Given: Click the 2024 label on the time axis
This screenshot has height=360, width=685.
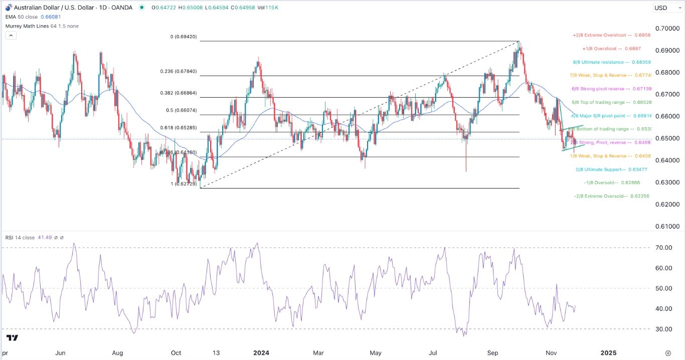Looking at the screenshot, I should pyautogui.click(x=261, y=352).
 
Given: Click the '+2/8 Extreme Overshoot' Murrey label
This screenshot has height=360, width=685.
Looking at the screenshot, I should pyautogui.click(x=611, y=36).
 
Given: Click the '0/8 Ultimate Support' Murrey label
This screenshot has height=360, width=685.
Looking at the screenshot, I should pyautogui.click(x=611, y=169).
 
